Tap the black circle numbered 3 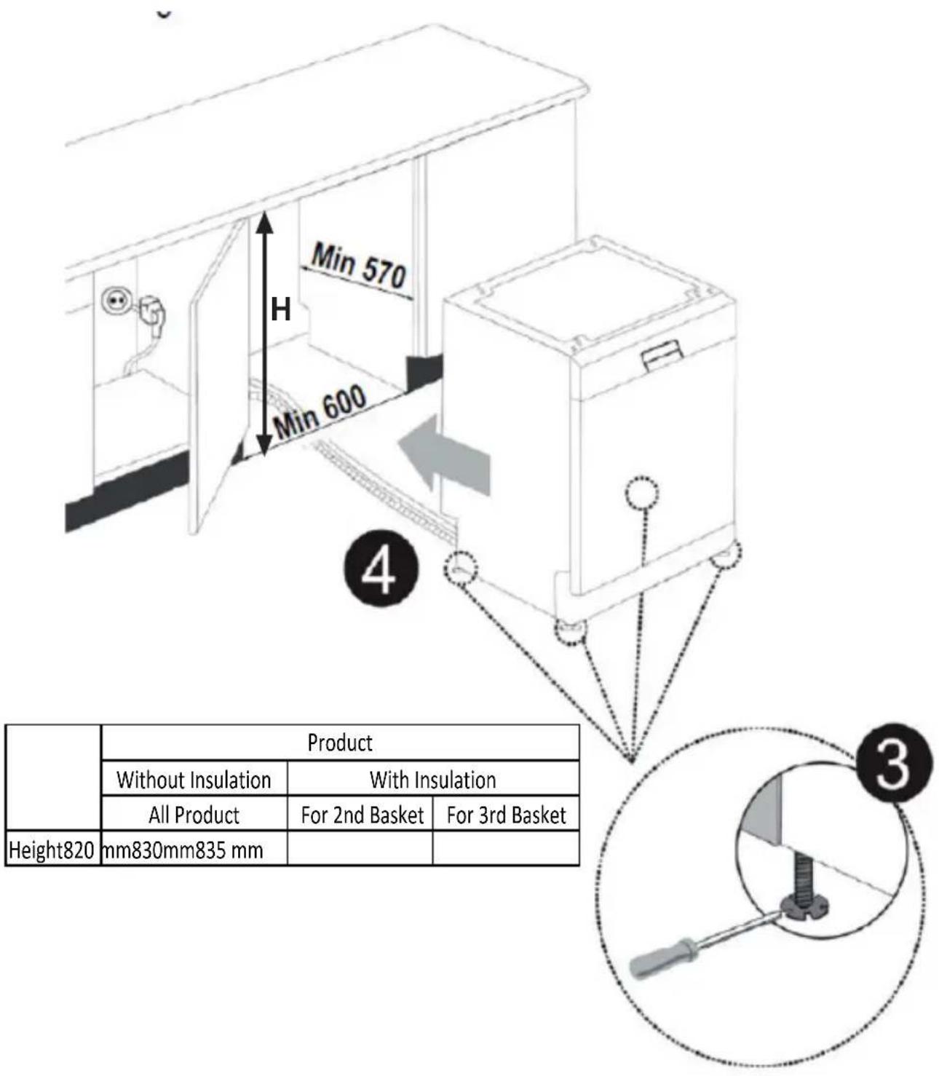893,762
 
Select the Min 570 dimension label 360,266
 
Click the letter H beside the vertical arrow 280,309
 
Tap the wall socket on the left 114,302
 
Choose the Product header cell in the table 340,743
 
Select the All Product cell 194,815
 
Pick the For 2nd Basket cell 362,815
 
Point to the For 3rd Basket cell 506,815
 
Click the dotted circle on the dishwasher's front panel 642,494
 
